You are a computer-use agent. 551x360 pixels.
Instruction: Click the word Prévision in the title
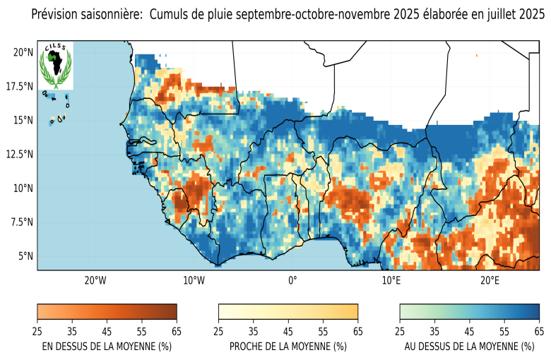57,15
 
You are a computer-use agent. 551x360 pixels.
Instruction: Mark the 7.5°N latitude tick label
21,222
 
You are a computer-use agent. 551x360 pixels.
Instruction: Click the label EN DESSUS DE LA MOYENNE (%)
107,347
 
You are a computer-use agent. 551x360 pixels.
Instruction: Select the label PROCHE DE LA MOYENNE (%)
288,347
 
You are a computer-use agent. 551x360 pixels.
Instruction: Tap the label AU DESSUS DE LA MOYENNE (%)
469,347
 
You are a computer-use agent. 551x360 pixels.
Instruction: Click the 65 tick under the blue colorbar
539,330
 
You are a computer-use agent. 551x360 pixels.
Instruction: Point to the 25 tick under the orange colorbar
37,330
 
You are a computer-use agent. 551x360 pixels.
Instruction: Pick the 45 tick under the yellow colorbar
288,330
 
